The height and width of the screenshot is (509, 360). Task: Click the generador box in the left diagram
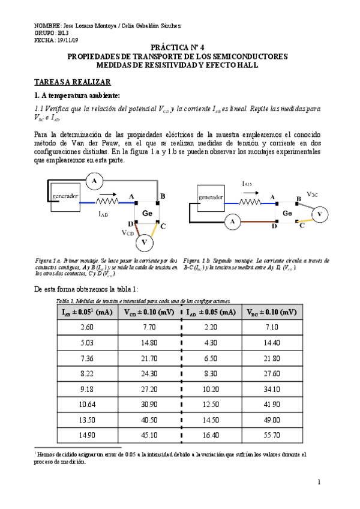pos(65,196)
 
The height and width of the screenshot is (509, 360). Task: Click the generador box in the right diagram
pos(211,196)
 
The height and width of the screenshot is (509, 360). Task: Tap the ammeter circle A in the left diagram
pos(94,179)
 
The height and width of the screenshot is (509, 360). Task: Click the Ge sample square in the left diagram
pos(147,213)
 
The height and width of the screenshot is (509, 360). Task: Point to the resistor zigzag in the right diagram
pos(251,203)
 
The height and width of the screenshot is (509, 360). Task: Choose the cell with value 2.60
pos(87,327)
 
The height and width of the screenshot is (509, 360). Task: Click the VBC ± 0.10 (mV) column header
pos(272,312)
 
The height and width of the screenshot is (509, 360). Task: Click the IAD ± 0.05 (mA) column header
pos(211,312)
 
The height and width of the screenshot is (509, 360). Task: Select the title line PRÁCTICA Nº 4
pos(178,46)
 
